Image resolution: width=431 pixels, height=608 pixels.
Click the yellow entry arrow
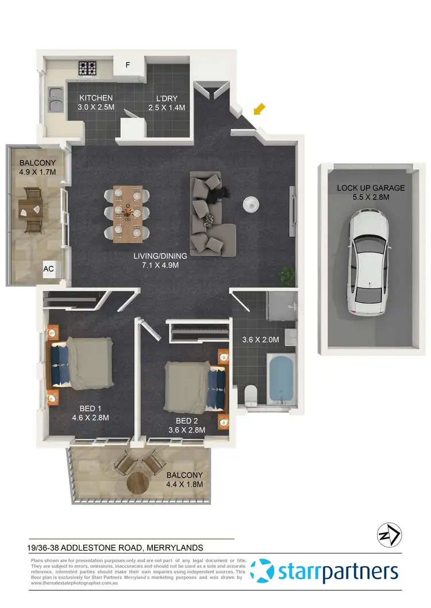click(x=260, y=108)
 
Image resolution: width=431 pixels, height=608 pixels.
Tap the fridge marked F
click(x=128, y=65)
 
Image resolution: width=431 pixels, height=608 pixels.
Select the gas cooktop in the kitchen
click(x=88, y=68)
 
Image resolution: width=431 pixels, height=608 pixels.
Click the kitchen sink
click(x=56, y=99)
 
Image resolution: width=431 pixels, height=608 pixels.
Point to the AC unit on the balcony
click(x=49, y=268)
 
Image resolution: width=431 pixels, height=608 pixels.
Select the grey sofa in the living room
click(x=210, y=216)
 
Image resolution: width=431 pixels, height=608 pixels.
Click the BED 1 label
click(x=90, y=409)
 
